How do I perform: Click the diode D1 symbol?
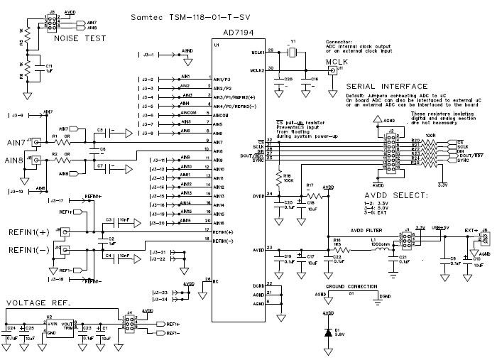[x=327, y=332]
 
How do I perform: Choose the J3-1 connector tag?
[x=148, y=54]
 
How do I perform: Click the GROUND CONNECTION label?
[x=352, y=286]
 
